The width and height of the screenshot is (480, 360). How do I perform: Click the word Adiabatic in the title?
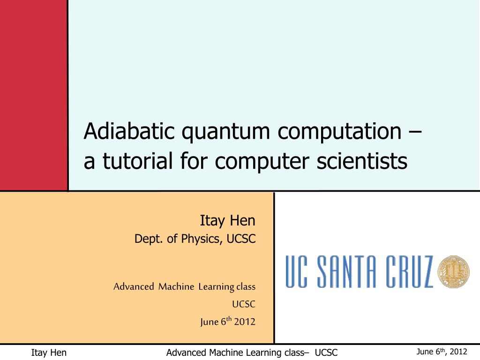[x=129, y=131]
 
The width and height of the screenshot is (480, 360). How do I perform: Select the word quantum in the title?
[x=226, y=133]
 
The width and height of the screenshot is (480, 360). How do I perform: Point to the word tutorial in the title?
[x=138, y=161]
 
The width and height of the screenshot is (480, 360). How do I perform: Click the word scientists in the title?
[x=362, y=161]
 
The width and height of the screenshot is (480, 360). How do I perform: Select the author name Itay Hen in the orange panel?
[x=227, y=221]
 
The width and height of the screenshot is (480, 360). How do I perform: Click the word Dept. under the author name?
[x=149, y=239]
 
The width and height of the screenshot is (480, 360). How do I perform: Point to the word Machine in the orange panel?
[x=176, y=286]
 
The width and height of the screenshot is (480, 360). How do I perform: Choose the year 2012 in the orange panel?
[x=245, y=322]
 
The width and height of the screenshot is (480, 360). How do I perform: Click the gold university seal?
[x=453, y=271]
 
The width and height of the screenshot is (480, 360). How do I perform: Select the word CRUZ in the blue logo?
[x=409, y=272]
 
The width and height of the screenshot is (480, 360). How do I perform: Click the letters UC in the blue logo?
[x=296, y=272]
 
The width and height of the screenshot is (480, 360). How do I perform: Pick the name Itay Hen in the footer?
[x=49, y=352]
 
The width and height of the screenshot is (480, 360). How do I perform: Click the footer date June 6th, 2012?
[x=442, y=352]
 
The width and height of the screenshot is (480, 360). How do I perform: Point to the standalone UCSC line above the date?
[x=243, y=304]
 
